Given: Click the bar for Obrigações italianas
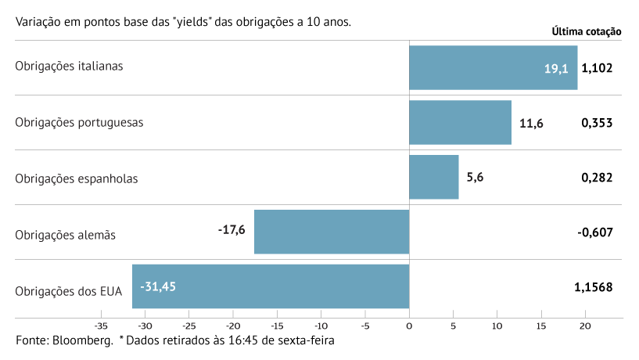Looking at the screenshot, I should [x=493, y=67].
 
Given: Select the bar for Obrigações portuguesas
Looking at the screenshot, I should [x=460, y=122].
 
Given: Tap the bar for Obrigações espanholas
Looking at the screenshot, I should [x=433, y=177].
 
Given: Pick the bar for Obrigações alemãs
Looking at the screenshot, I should [x=332, y=232].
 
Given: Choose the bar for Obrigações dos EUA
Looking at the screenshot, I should [x=271, y=286].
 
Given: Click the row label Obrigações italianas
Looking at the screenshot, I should [x=69, y=66].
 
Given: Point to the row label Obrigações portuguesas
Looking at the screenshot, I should [x=79, y=122].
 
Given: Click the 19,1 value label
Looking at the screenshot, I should [x=556, y=68].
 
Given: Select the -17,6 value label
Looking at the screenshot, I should [x=232, y=230].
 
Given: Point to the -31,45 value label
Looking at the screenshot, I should [x=158, y=286].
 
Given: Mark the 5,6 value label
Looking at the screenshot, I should [x=475, y=178].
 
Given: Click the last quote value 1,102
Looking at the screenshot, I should [x=597, y=68].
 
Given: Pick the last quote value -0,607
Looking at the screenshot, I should [x=595, y=232].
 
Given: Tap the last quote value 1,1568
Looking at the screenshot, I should [x=593, y=287].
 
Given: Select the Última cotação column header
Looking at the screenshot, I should [x=587, y=32].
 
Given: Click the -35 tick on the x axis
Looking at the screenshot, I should [x=100, y=326].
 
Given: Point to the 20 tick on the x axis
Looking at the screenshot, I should [x=585, y=326].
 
